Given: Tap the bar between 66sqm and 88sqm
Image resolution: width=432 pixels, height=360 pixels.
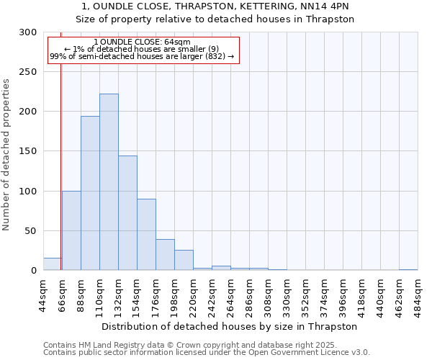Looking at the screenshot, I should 71,230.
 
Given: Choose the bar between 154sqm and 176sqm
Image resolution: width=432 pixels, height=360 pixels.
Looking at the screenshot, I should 146,235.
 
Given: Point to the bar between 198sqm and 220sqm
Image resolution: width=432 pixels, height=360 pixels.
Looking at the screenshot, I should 184,260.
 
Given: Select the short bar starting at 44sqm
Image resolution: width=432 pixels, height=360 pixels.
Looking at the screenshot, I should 52,264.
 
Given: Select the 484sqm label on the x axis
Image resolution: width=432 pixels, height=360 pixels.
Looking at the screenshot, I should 418,294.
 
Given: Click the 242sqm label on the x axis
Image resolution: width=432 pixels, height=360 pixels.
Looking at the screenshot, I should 212,294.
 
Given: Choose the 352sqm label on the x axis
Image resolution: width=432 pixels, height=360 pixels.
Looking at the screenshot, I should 305,294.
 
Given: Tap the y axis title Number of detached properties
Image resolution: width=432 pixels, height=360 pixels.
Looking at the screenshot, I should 7,155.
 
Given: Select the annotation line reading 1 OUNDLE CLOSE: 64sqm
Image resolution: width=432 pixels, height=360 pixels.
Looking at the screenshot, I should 143,42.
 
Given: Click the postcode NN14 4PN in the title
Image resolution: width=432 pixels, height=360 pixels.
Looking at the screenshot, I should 329,6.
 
